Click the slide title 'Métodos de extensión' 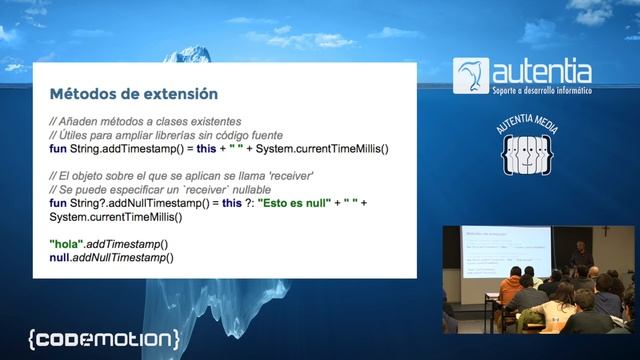point(134,95)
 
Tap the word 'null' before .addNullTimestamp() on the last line point(60,258)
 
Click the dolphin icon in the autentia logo point(471,76)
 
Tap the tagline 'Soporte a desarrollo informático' point(542,91)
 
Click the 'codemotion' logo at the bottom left point(104,337)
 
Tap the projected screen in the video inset point(497,252)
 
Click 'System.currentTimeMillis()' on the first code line point(322,149)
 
